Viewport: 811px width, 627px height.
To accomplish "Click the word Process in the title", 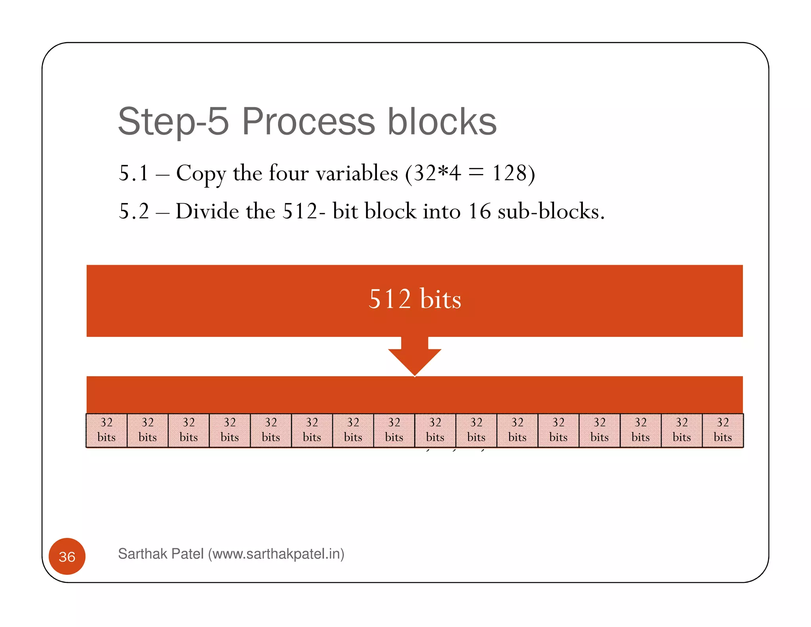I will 308,122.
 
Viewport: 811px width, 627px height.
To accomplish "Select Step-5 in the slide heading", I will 173,122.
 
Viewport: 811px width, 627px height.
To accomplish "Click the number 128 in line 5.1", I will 510,173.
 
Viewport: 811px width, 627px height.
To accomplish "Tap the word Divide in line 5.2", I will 207,211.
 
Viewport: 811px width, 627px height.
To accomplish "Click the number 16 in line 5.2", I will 479,211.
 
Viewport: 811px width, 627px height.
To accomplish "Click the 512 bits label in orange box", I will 415,299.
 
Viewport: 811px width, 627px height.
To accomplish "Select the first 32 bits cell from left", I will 107,430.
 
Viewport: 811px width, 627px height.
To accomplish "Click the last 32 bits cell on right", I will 723,430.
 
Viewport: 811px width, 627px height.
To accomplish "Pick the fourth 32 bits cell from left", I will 230,430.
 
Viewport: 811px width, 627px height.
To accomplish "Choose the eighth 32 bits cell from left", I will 394,430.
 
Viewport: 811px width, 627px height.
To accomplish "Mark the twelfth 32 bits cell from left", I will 558,430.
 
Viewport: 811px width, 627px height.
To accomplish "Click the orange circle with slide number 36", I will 67,556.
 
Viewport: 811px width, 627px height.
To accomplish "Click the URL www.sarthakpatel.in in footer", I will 276,554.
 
